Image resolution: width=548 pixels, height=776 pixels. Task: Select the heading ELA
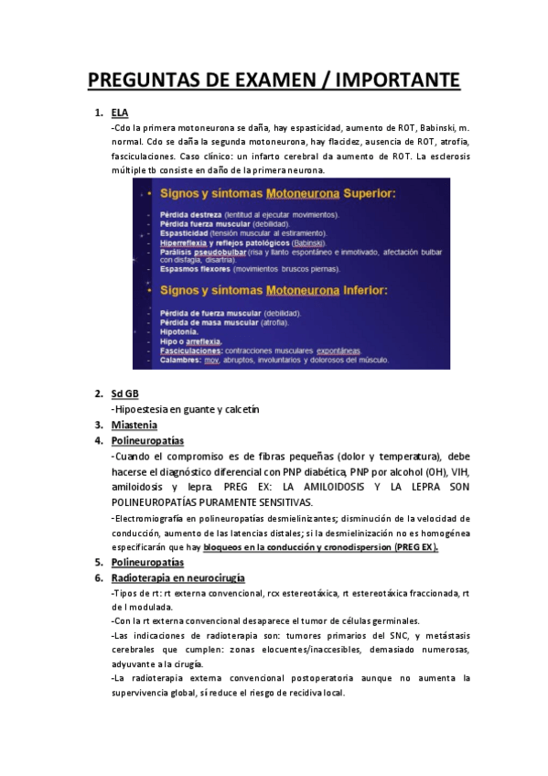(120, 113)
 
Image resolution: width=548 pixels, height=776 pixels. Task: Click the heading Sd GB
(124, 393)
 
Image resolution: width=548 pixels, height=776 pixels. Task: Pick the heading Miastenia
(134, 425)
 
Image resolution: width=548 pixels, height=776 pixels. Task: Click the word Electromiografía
(152, 519)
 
